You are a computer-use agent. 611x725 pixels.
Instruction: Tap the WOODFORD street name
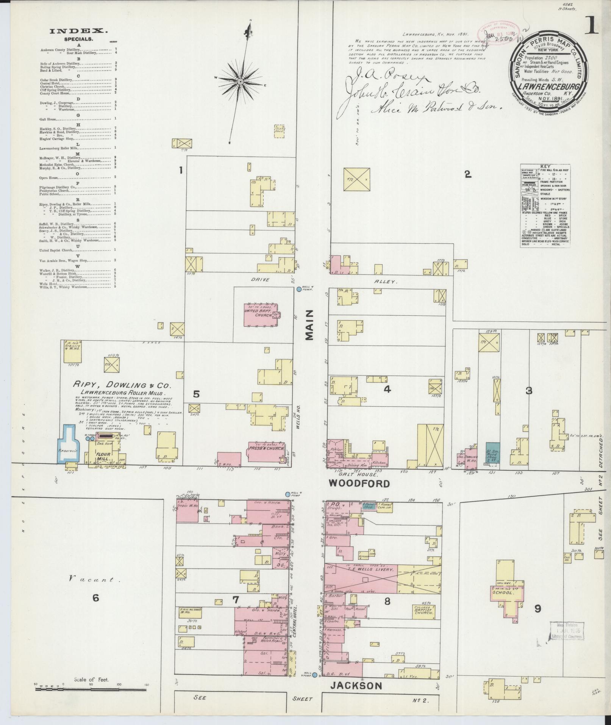[x=359, y=483]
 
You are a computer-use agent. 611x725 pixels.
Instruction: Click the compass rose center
[x=240, y=81]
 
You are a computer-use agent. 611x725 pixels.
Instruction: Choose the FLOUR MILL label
[x=103, y=456]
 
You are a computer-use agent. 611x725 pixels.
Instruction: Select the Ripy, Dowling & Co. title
[x=122, y=385]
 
